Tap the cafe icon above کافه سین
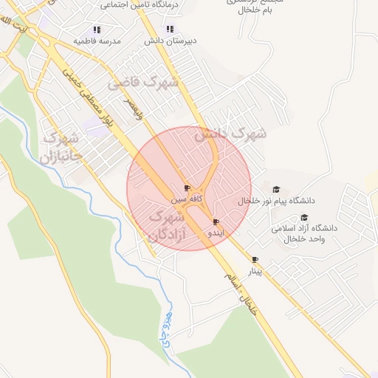point(187,188)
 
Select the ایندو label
point(214,233)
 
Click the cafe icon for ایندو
point(216,222)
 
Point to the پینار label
point(254,271)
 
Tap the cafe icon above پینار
point(255,260)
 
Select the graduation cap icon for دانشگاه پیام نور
point(276,190)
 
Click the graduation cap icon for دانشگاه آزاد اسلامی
point(304,217)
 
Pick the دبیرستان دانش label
point(169,41)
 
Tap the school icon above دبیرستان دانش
point(170,30)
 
